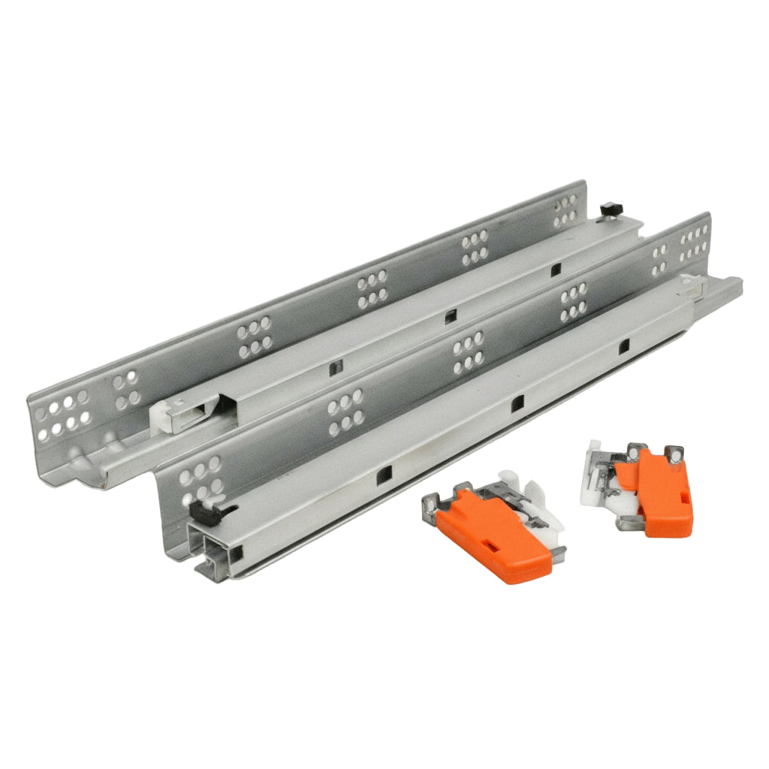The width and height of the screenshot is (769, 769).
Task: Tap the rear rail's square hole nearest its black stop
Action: pos(555,270)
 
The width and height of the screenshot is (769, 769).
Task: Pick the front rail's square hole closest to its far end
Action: pos(623,346)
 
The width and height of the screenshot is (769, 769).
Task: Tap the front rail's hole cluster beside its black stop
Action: pos(199,478)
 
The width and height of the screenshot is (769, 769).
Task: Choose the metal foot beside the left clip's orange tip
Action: pos(557,554)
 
